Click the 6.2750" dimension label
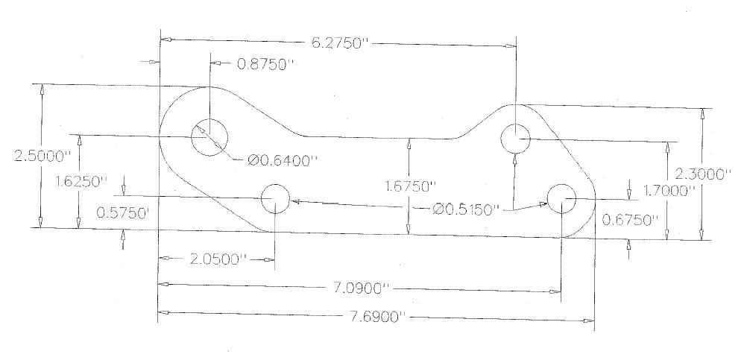click(x=340, y=43)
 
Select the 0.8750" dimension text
click(x=262, y=65)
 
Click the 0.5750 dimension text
click(x=123, y=213)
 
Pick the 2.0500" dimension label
click(x=218, y=259)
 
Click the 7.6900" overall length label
click(x=378, y=316)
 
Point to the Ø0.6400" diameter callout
click(x=283, y=161)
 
